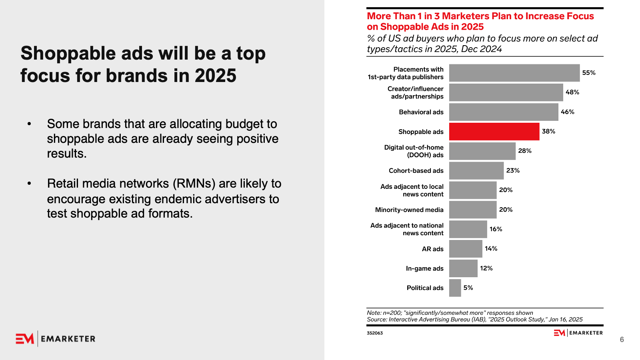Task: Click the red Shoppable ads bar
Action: (x=494, y=132)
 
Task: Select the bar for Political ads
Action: (x=455, y=288)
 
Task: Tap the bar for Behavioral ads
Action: (x=504, y=112)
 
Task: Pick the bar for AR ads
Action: (x=466, y=249)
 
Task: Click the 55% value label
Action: (x=588, y=73)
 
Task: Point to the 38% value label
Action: (x=548, y=132)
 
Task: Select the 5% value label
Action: (x=468, y=288)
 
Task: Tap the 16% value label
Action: (x=496, y=229)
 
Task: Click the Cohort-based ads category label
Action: (x=416, y=171)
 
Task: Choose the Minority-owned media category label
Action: (x=409, y=210)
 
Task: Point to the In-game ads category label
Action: (x=424, y=268)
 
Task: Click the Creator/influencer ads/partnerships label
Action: (x=416, y=92)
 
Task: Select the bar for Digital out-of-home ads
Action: (x=482, y=151)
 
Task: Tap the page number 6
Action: (x=622, y=340)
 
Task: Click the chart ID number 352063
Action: (x=375, y=333)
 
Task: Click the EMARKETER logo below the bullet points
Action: (x=56, y=339)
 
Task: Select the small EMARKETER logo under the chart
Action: (x=578, y=333)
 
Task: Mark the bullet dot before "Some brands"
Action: (x=29, y=124)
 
